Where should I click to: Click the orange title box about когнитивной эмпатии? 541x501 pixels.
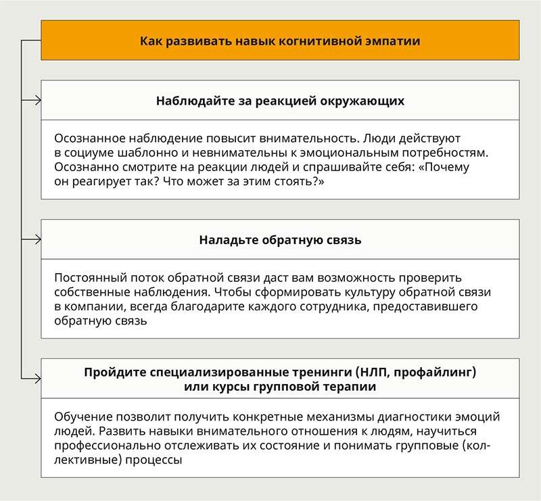[280, 41]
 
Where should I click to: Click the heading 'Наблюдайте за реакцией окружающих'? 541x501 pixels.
[280, 101]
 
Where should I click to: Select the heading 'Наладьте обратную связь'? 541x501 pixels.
[280, 239]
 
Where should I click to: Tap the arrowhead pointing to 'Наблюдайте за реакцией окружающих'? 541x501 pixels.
[37, 101]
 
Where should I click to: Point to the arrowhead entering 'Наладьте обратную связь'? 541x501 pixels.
[37, 239]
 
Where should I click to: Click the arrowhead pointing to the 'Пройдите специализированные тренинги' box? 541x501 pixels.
[37, 379]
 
